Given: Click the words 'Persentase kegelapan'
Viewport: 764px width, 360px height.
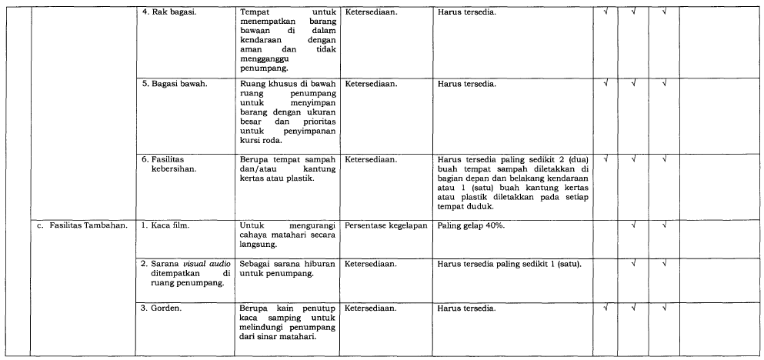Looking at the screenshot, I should click(x=385, y=225).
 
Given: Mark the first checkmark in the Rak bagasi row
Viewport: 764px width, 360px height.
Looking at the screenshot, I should click(x=607, y=13).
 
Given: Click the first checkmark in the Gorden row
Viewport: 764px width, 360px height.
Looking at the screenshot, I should click(x=607, y=308).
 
